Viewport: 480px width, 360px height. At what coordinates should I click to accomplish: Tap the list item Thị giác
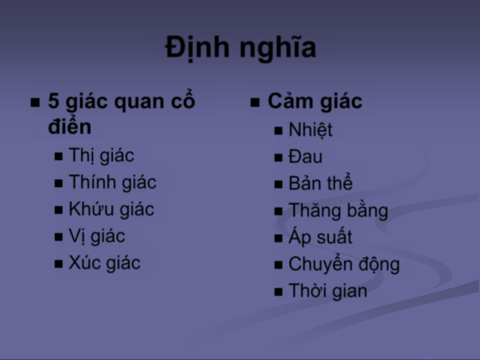[102, 156]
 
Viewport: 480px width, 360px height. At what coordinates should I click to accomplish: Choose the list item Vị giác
[97, 236]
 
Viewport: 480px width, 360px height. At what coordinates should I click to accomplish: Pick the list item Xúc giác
[105, 263]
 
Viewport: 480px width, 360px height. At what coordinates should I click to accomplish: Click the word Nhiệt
[310, 130]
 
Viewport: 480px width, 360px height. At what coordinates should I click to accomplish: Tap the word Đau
[305, 157]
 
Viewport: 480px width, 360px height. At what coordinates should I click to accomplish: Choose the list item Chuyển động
[344, 264]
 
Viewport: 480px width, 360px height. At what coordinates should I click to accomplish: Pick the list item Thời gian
[328, 291]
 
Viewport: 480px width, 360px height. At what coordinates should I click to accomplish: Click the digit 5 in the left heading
[54, 101]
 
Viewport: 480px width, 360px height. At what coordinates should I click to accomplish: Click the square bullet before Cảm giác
[255, 103]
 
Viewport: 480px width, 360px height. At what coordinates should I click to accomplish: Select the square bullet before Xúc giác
[59, 264]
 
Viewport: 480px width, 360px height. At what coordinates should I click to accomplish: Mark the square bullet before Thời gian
[278, 292]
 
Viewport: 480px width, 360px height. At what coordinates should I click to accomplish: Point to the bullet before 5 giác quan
[35, 103]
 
